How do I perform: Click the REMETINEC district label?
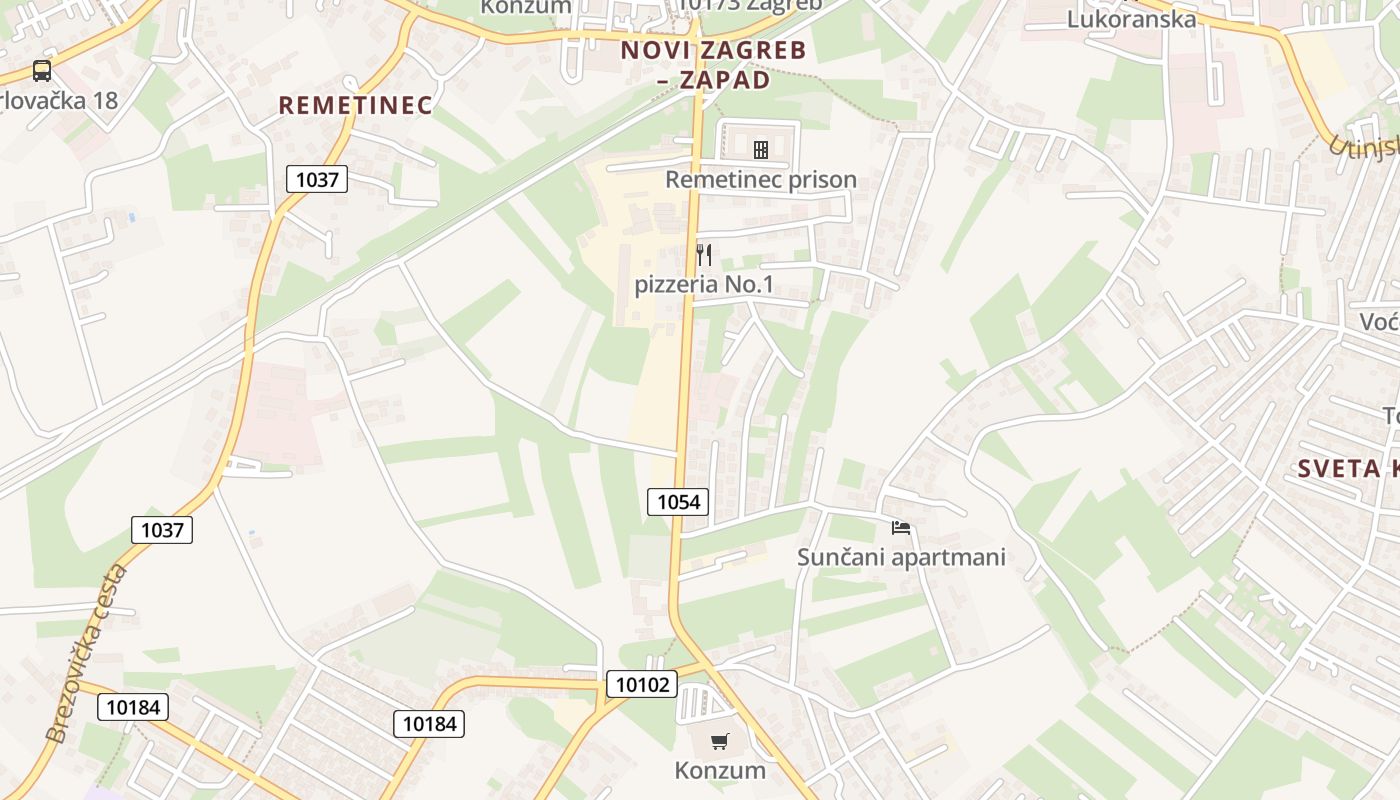pyautogui.click(x=355, y=105)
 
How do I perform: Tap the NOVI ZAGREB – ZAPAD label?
pyautogui.click(x=713, y=64)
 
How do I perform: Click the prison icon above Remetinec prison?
pyautogui.click(x=761, y=150)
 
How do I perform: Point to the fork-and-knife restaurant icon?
pyautogui.click(x=704, y=255)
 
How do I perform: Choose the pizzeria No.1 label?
pyautogui.click(x=704, y=285)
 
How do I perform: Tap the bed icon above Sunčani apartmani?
pyautogui.click(x=901, y=527)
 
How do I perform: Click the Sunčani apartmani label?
pyautogui.click(x=901, y=557)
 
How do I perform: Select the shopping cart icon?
pyautogui.click(x=719, y=741)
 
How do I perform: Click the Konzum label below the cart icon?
pyautogui.click(x=720, y=770)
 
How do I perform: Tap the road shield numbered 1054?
pyautogui.click(x=678, y=501)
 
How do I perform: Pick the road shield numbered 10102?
pyautogui.click(x=641, y=684)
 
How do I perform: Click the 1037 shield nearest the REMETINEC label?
pyautogui.click(x=318, y=179)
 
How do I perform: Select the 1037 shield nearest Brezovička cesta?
pyautogui.click(x=162, y=529)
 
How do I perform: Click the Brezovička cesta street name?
pyautogui.click(x=88, y=654)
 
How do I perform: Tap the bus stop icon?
pyautogui.click(x=42, y=71)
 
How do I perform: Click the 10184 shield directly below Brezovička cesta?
pyautogui.click(x=133, y=707)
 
